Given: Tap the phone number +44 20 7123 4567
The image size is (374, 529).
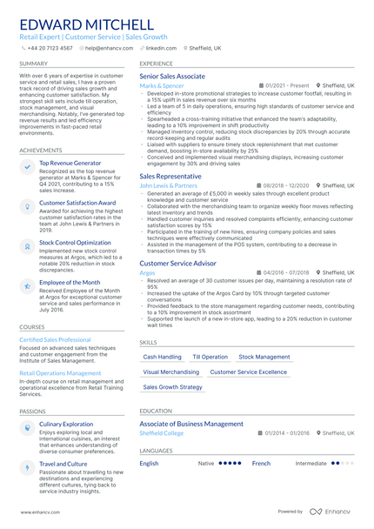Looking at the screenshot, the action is tap(51, 49).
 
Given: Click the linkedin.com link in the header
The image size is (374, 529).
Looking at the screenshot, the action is tap(160, 49).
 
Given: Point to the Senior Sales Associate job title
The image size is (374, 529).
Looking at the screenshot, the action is tap(172, 77).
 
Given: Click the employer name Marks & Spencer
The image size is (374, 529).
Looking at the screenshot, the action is tap(162, 86).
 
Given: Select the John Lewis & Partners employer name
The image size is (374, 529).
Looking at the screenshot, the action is tap(169, 185).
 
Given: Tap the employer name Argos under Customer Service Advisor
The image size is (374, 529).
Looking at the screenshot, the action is tap(147, 272).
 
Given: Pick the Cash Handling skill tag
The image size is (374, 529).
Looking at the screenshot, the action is tap(163, 357).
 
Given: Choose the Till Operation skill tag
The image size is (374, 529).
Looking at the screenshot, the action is tap(210, 357).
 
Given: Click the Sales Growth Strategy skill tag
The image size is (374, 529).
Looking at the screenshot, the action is tap(172, 386).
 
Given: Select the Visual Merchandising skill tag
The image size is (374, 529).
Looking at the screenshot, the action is tap(171, 372).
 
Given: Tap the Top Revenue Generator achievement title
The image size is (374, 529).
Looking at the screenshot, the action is tap(70, 163).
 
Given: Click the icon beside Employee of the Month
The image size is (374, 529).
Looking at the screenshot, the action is tap(28, 285).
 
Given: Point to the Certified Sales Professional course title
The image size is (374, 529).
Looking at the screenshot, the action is tap(55, 339).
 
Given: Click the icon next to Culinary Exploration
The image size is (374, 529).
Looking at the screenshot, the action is tap(28, 427).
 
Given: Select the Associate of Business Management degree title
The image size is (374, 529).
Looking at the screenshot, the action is tap(191, 424).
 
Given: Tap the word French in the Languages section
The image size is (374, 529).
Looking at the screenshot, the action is tap(261, 464).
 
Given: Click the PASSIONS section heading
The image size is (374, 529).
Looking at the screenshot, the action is tap(32, 411).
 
